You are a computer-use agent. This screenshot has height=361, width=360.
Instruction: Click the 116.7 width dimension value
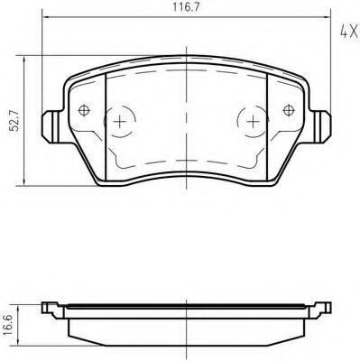pos(186,7)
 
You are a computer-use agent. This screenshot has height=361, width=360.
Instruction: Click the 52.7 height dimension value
pos(14,120)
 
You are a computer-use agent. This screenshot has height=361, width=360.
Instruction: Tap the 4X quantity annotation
pos(348,32)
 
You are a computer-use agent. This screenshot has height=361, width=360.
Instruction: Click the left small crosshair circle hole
pos(84,110)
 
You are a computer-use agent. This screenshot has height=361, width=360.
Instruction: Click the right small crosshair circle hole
pos(289,110)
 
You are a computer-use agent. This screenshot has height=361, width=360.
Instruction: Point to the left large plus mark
pos(120,122)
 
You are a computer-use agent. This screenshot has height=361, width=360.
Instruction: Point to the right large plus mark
pos(253,122)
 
